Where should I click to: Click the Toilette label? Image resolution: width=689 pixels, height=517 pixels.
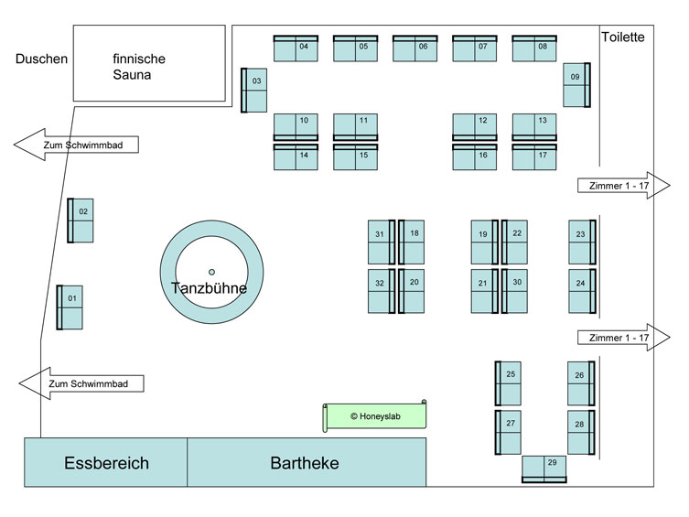click(623, 38)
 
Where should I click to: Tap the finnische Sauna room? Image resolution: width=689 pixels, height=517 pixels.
click(149, 63)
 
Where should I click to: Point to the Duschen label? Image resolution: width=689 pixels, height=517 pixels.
click(41, 59)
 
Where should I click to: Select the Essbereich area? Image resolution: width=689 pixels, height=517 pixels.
click(106, 463)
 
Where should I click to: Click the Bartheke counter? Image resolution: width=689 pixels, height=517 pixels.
click(306, 463)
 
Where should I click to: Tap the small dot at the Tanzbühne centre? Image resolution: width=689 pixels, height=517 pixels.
click(211, 272)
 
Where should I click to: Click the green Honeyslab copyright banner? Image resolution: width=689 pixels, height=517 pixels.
click(375, 416)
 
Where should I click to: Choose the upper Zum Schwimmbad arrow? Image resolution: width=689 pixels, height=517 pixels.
click(79, 145)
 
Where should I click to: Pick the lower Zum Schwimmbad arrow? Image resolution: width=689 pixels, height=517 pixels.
click(82, 383)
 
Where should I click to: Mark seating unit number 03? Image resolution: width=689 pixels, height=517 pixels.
click(254, 90)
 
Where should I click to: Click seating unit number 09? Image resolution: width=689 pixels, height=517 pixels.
click(576, 84)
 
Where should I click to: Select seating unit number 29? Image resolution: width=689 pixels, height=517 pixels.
click(544, 468)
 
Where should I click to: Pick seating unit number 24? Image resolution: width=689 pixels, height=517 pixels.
click(582, 292)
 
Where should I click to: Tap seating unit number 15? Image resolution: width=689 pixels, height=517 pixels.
click(355, 156)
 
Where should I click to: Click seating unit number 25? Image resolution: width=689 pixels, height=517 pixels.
click(509, 383)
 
